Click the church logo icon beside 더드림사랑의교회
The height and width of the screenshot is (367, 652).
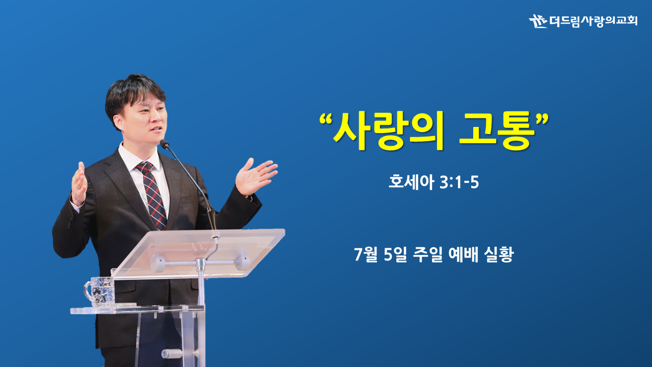click(538, 21)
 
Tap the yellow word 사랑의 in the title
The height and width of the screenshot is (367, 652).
click(388, 130)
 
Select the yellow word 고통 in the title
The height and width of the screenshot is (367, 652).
click(497, 130)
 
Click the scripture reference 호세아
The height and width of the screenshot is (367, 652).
click(411, 182)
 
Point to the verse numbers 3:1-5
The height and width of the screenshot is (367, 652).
click(459, 182)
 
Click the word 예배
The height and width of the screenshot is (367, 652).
click(463, 254)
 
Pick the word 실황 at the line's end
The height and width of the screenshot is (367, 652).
click(499, 254)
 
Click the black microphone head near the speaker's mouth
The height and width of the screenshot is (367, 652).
click(165, 144)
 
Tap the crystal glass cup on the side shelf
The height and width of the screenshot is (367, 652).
click(99, 292)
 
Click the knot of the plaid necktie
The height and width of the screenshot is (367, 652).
click(145, 167)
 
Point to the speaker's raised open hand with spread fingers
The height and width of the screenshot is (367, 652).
click(255, 176)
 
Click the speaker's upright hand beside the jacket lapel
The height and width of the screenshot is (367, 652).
click(79, 183)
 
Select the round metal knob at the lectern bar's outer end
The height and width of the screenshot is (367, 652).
click(242, 261)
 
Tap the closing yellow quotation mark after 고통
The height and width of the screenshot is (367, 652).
click(542, 119)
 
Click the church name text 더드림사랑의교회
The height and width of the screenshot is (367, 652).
click(593, 21)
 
